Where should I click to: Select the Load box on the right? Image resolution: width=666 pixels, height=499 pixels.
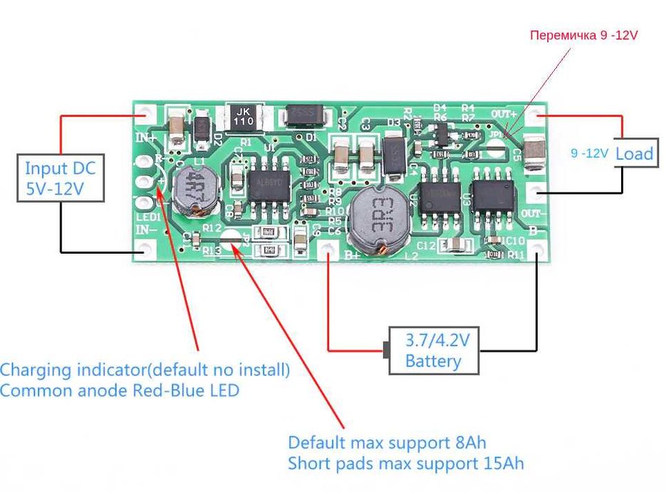pos(634,153)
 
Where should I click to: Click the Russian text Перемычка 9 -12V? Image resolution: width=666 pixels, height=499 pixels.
pos(583,35)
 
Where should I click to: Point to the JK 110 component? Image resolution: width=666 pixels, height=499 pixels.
pos(244,117)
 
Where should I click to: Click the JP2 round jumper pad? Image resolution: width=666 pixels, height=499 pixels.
pos(230,241)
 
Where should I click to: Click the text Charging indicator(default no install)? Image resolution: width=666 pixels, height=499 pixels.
pos(145,370)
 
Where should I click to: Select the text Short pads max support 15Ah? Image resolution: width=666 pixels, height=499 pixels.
pos(406,463)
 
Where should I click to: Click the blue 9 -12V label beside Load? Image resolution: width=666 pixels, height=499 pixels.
pos(590,153)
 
